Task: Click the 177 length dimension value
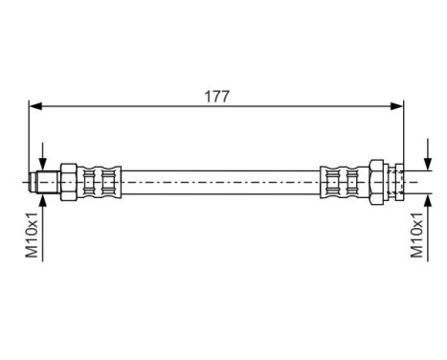click(x=215, y=96)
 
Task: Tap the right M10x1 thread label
click(x=416, y=236)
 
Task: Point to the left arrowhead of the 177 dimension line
click(x=34, y=107)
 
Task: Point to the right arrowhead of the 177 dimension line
click(x=399, y=107)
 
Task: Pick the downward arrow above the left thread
click(x=42, y=164)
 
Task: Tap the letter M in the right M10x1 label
click(x=416, y=254)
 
